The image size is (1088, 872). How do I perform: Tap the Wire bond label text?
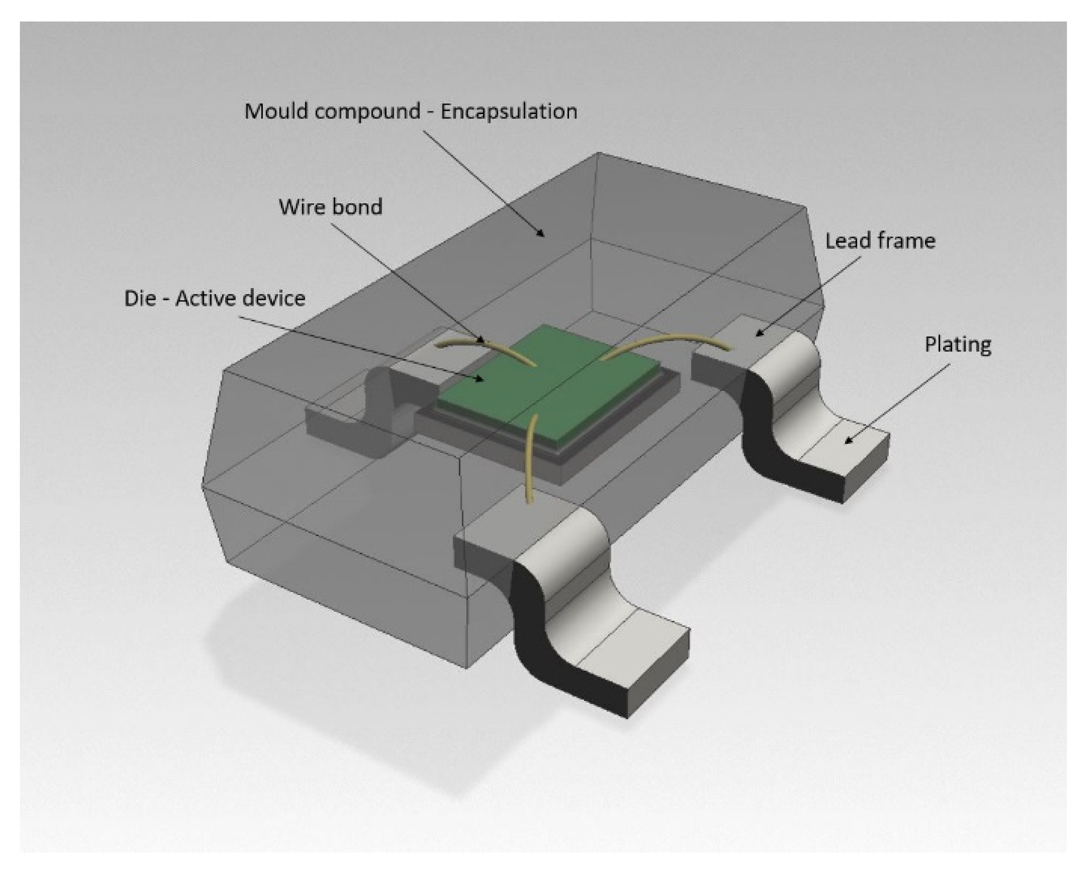331,207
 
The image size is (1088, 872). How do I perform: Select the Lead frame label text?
880,241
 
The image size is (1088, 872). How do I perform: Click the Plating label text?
957,345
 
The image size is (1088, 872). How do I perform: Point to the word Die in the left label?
139,298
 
